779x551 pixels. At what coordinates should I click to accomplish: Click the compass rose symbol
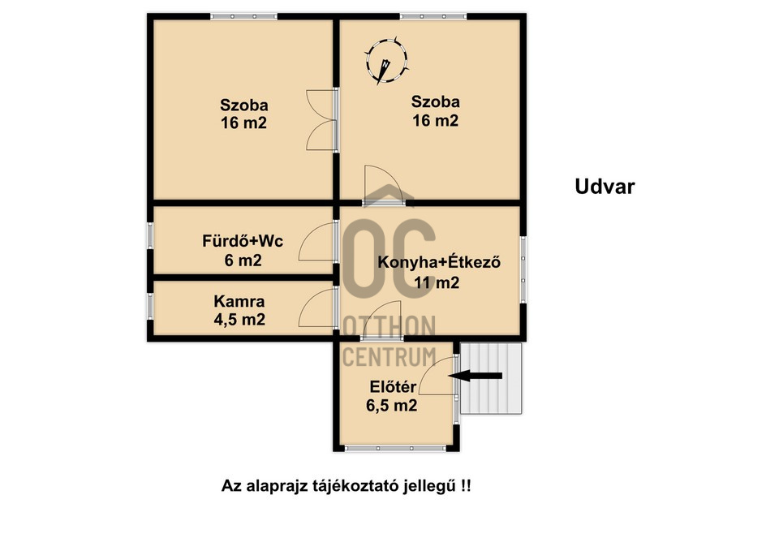[386, 62]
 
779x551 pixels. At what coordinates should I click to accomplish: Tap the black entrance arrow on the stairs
[476, 376]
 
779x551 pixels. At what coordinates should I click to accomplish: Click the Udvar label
[605, 187]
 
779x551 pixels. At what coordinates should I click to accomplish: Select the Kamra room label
[239, 301]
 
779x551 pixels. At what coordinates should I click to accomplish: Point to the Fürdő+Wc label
[243, 241]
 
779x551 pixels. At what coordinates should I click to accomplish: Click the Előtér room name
[393, 386]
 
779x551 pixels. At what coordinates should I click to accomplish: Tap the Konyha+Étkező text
[439, 262]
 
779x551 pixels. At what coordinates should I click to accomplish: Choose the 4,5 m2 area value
[239, 320]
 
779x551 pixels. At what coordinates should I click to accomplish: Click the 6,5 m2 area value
[391, 406]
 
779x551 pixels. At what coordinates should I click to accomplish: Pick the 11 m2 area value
[437, 282]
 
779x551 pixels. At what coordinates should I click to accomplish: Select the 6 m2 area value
[243, 260]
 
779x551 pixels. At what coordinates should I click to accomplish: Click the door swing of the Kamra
[316, 308]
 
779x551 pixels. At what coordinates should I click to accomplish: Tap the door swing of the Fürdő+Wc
[316, 242]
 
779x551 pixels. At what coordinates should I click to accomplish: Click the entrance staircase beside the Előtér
[491, 378]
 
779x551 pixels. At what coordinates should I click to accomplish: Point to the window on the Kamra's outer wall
[150, 307]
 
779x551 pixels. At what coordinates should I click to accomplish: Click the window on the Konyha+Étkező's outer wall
[523, 269]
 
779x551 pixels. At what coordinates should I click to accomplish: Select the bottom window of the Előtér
[395, 448]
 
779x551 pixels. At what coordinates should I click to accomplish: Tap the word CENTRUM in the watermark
[389, 357]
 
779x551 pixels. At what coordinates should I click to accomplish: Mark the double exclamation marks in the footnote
[465, 485]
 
